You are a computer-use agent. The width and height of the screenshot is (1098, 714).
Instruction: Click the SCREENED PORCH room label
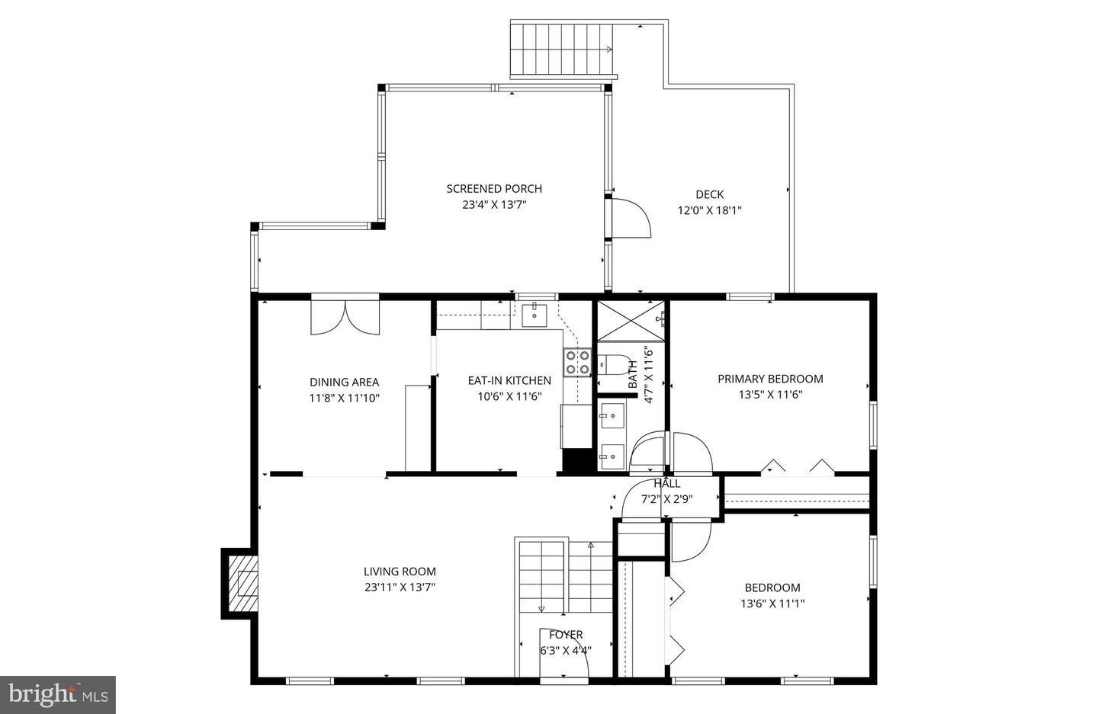tap(494, 189)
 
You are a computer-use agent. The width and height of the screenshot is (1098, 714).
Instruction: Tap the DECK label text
tap(709, 194)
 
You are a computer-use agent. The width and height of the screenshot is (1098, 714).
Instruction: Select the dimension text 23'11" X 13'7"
tap(400, 588)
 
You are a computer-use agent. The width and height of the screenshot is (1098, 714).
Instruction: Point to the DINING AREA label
tap(344, 382)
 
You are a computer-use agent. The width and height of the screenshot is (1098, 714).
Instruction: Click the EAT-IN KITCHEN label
tap(509, 380)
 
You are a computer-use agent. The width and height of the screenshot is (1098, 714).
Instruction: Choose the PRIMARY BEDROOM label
tap(770, 379)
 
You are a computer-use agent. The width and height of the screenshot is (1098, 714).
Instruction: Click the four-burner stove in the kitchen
tap(577, 363)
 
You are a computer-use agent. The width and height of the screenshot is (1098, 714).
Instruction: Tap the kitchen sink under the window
tap(535, 314)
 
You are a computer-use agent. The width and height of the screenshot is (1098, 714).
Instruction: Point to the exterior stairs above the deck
tap(563, 50)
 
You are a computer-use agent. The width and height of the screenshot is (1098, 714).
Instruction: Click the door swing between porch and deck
tap(631, 219)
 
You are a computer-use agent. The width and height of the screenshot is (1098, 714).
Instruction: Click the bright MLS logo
tap(57, 694)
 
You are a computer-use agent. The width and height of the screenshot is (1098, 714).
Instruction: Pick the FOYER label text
tap(566, 635)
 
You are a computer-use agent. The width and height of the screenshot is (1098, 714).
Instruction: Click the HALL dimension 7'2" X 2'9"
tap(666, 500)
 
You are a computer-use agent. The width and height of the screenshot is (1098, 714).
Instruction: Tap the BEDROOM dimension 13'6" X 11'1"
tap(772, 604)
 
